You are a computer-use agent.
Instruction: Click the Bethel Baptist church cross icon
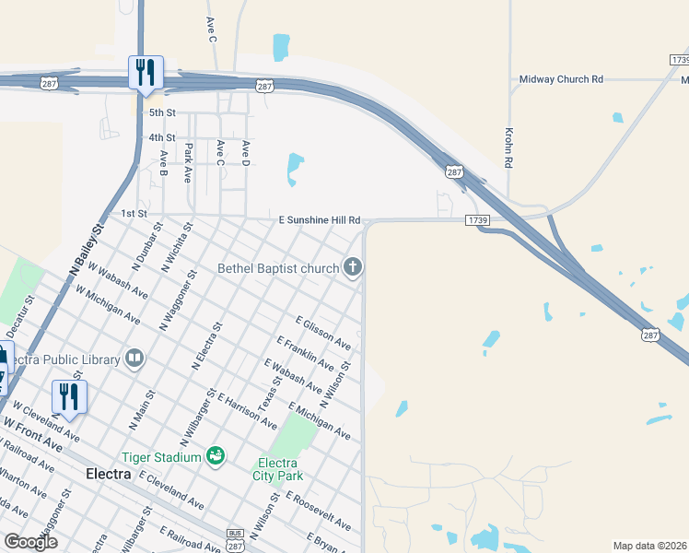pos(352,268)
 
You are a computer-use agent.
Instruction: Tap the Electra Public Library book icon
pos(134,358)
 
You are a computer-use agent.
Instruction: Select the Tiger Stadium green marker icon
pos(216,456)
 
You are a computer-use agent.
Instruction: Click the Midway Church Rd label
pos(561,79)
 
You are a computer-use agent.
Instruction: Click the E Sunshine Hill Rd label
pos(319,221)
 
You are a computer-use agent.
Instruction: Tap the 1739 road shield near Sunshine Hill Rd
pos(476,220)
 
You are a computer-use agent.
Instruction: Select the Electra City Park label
pos(276,469)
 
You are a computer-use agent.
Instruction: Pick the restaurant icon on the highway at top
pos(146,72)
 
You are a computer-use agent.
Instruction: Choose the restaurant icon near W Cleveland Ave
pos(69,396)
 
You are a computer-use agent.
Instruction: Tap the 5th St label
pos(162,112)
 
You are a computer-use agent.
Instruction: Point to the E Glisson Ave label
pos(322,333)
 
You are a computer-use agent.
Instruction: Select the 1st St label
pos(134,213)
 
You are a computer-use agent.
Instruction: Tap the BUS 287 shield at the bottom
pos(235,539)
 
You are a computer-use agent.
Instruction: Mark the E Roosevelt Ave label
pos(319,512)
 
